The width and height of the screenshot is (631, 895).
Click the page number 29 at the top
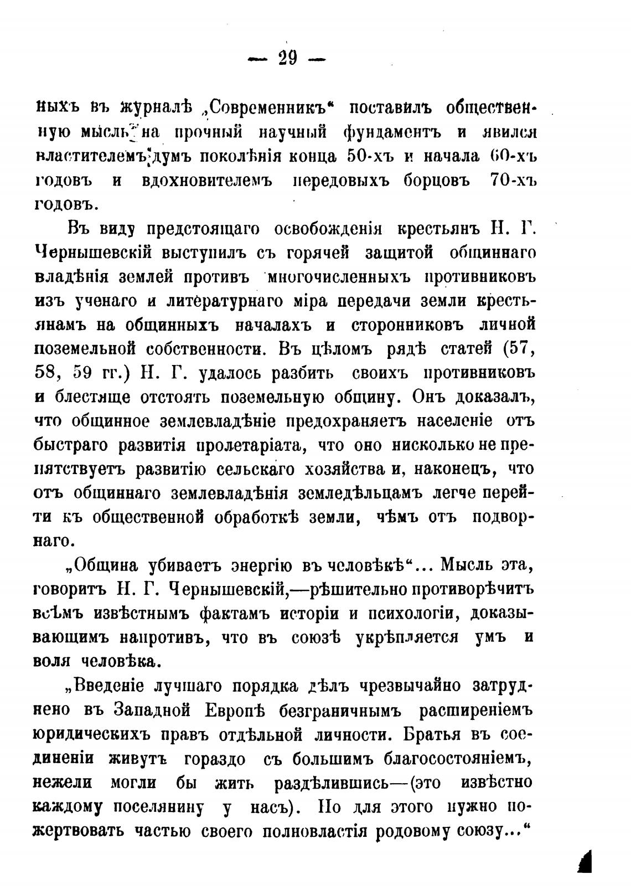pos(287,58)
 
